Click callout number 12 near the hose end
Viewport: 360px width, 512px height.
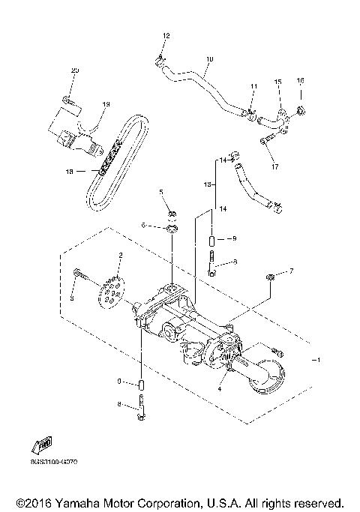tap(166, 36)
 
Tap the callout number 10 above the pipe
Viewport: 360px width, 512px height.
tap(209, 58)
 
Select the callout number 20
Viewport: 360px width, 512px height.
tap(74, 70)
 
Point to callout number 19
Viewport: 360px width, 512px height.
tap(106, 104)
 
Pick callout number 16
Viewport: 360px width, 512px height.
tap(300, 80)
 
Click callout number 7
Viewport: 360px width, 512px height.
tap(292, 270)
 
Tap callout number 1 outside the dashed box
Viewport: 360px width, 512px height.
tap(322, 360)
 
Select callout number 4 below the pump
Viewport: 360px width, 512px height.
tap(220, 388)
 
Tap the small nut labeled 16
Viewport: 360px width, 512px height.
tap(300, 112)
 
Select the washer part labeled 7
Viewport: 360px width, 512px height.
tap(269, 280)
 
